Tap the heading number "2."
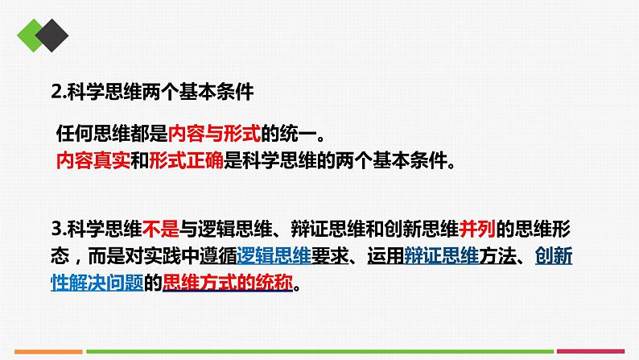click(57, 92)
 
